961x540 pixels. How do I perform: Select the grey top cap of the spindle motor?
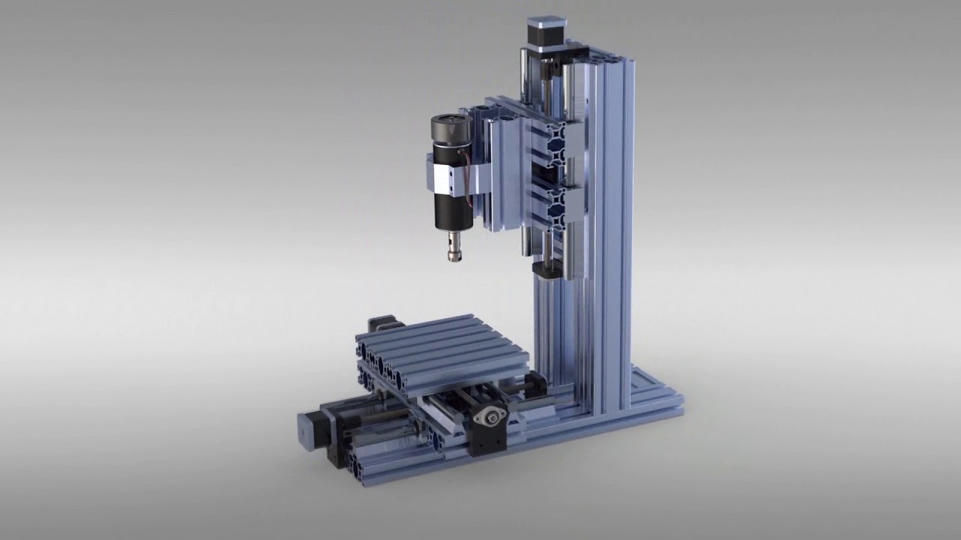tap(448, 124)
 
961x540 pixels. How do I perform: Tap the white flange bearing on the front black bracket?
tap(492, 416)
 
